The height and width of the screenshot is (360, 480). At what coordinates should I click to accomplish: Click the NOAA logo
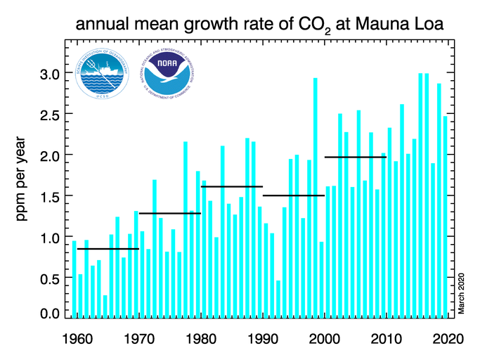(164, 77)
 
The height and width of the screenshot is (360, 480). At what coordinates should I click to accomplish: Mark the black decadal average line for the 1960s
(108, 249)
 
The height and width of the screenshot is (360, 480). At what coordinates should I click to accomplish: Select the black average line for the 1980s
(231, 187)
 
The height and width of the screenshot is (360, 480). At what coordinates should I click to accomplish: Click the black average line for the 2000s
(355, 157)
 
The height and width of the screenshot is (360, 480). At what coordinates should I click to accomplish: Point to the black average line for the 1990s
(293, 195)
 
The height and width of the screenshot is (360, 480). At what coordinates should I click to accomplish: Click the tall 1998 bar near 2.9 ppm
(315, 197)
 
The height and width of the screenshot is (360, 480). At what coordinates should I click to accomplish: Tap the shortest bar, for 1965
(105, 306)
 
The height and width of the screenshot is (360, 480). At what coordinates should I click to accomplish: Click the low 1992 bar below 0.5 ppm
(278, 299)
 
